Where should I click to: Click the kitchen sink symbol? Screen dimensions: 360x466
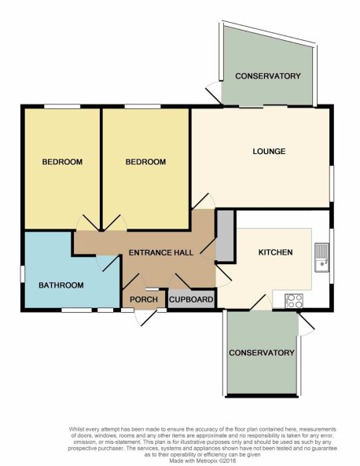(321, 258)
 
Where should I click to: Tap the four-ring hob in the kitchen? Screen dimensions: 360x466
(294, 301)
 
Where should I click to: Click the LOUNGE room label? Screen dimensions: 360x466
(269, 151)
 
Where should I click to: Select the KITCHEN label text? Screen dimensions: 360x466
(276, 252)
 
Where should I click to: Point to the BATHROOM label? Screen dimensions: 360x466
(61, 285)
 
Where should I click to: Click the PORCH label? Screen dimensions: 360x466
(144, 299)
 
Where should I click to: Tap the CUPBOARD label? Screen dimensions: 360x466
(191, 299)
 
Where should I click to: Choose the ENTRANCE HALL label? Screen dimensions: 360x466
(161, 252)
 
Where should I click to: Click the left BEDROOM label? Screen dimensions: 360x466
(62, 162)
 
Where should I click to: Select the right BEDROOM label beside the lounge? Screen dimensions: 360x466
(145, 162)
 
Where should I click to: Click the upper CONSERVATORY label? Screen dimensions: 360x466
(268, 76)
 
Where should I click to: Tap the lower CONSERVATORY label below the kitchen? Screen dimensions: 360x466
(262, 353)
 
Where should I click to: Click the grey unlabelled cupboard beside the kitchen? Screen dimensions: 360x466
(225, 236)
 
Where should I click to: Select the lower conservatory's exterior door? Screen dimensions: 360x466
(306, 325)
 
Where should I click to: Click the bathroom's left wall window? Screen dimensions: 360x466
(22, 274)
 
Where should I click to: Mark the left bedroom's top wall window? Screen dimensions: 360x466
(62, 106)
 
